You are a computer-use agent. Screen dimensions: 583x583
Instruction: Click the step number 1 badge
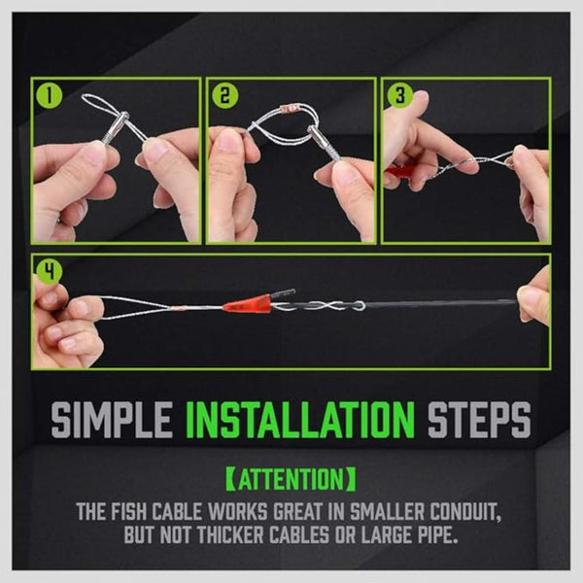pyautogui.click(x=46, y=95)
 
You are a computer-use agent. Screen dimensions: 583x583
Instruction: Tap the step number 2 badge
pyautogui.click(x=223, y=95)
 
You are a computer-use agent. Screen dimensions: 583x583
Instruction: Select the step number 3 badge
pyautogui.click(x=397, y=95)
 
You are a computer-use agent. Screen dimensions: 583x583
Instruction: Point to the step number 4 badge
pyautogui.click(x=46, y=272)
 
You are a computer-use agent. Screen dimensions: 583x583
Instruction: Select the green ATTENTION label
pyautogui.click(x=291, y=480)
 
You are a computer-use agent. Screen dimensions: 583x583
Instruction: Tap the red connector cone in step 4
pyautogui.click(x=244, y=305)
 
